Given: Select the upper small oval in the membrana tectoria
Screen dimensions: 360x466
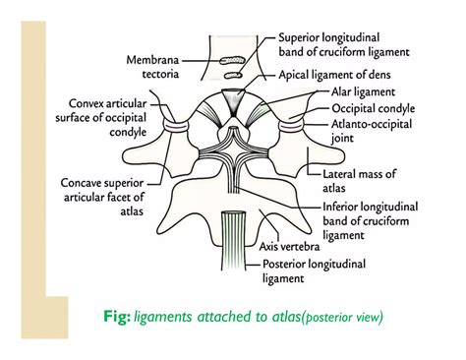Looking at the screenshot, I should [x=235, y=58].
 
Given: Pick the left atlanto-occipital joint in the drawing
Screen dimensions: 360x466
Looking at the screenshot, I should [x=177, y=126].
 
